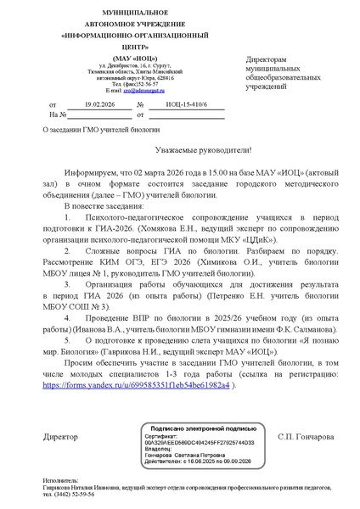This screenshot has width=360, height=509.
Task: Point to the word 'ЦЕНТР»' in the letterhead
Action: tap(116, 48)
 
